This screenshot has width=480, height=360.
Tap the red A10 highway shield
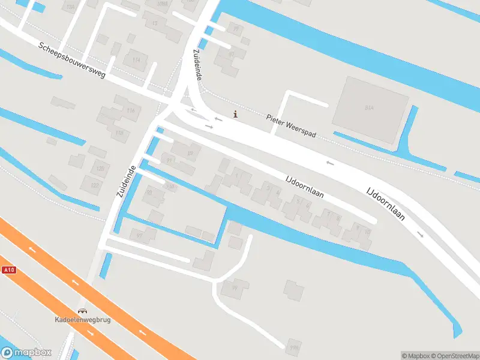[8, 270]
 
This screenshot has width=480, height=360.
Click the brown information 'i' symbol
[235, 114]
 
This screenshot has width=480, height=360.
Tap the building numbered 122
[93, 185]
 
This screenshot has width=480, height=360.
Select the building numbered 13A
[71, 6]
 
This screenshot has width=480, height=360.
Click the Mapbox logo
[26, 353]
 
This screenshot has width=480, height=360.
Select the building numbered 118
[119, 133]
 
